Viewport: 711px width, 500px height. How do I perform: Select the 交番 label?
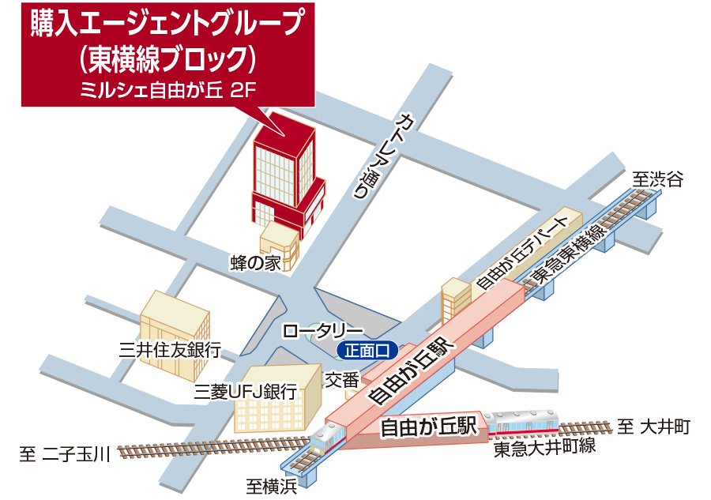342,380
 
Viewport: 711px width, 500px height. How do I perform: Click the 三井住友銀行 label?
169,349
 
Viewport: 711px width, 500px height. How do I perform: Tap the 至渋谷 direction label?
657,179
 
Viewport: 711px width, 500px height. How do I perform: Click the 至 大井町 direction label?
654,427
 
